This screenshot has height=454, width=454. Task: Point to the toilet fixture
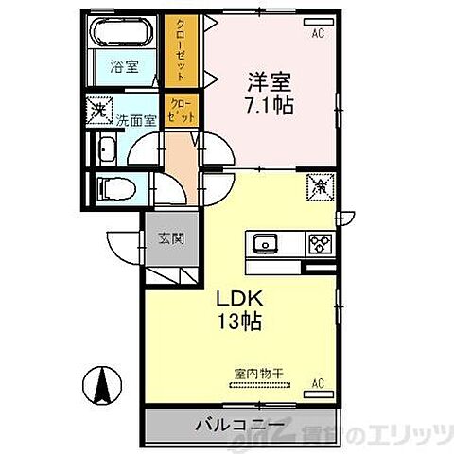click(114, 186)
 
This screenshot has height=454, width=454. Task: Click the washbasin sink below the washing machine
click(106, 149)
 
